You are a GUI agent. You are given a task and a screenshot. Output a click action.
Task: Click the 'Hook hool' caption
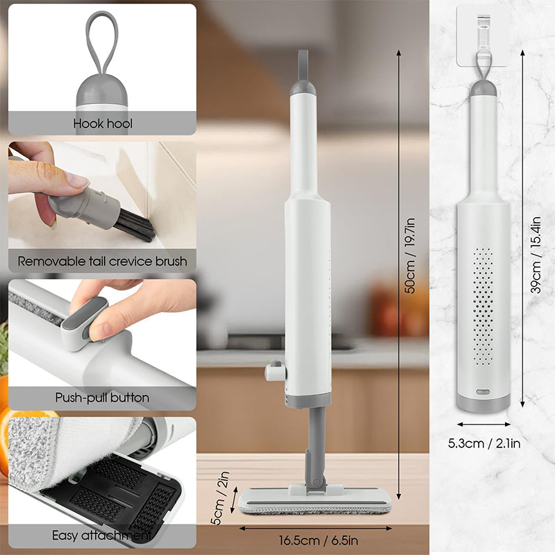coord(103,124)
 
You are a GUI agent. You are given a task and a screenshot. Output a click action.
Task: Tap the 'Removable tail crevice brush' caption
coord(102,262)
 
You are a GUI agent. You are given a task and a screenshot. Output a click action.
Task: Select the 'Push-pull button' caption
coord(102,398)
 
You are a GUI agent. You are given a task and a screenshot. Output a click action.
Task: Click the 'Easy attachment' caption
coord(102,536)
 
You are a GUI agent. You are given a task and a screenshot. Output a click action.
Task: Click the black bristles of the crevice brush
coord(135,225)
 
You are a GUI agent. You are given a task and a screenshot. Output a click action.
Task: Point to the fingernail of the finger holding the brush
coord(78,182)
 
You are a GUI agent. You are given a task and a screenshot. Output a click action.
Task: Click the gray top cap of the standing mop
coord(303,87)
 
